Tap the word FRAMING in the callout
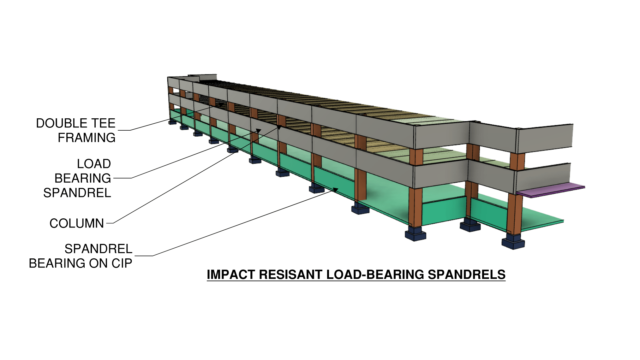click(x=87, y=138)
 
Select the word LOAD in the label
click(x=94, y=164)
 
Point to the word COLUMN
click(x=77, y=223)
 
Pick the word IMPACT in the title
click(x=231, y=274)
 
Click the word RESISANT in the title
click(x=291, y=274)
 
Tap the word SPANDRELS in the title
click(x=466, y=274)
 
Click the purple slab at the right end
click(x=551, y=190)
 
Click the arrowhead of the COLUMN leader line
click(x=279, y=127)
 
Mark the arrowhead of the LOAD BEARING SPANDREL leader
click(x=259, y=130)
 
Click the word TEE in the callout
click(x=103, y=123)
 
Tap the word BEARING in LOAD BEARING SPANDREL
click(x=83, y=178)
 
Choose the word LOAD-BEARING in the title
click(x=375, y=274)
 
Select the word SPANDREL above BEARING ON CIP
click(x=99, y=249)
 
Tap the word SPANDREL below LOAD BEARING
click(x=77, y=193)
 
